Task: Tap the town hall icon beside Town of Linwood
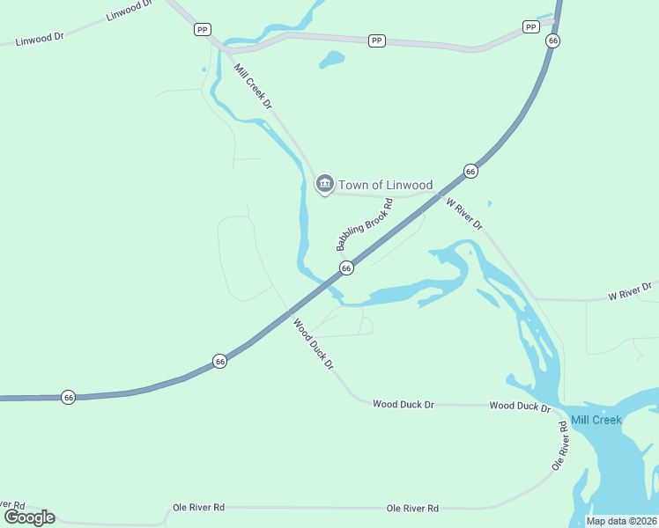(x=323, y=184)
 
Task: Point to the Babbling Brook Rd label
(x=364, y=224)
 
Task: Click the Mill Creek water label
(x=596, y=420)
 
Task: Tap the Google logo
(x=29, y=517)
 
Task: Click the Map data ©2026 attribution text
(x=622, y=521)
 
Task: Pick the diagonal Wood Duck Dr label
(x=315, y=344)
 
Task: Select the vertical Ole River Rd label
(x=559, y=444)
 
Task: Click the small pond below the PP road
(x=331, y=60)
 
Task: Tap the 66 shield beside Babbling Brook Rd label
(x=346, y=268)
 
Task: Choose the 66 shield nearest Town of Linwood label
(x=470, y=172)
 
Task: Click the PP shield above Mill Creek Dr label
(x=203, y=30)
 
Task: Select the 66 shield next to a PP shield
(x=552, y=40)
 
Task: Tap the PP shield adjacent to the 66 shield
(x=530, y=27)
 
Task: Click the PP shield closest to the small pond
(x=377, y=40)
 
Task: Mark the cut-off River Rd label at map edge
(x=12, y=506)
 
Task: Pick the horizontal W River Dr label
(x=631, y=290)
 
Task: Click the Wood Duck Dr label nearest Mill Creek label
(x=520, y=407)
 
